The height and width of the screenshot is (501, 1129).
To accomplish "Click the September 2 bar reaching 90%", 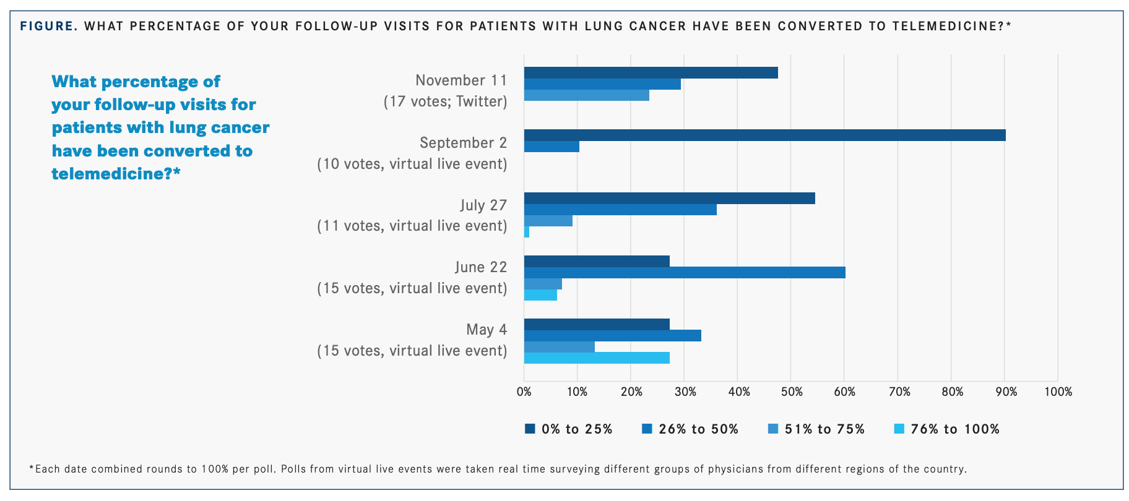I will (764, 135).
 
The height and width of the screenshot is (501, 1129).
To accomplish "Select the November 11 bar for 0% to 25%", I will (651, 73).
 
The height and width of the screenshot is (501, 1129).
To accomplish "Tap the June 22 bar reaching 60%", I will (685, 273).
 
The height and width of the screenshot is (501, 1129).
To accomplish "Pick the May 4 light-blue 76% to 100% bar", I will (597, 358).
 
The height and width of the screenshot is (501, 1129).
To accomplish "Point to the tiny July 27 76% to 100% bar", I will (527, 232).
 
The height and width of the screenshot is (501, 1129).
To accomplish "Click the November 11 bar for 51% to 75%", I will (586, 95).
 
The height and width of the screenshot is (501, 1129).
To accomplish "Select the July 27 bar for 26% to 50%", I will (620, 210).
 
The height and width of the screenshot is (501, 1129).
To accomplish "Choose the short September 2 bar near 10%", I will (552, 147).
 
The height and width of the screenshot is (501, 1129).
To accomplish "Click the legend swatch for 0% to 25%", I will (530, 429).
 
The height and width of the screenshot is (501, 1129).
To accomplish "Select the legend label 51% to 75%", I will (824, 429).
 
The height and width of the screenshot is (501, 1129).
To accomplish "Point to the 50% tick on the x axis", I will (792, 392).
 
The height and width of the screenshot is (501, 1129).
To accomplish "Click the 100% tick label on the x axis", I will (1058, 392).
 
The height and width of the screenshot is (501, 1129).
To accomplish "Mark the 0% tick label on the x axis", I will (524, 392).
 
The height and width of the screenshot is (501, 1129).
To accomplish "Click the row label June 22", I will (480, 267).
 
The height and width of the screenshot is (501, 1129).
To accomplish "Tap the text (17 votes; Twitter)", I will (445, 101).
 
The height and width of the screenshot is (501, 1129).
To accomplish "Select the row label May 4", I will (487, 330).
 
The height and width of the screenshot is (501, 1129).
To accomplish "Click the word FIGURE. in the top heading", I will (49, 26).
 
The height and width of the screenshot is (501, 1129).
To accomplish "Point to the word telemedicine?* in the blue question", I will (116, 174).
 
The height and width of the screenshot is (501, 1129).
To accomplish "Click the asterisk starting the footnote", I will (32, 468).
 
